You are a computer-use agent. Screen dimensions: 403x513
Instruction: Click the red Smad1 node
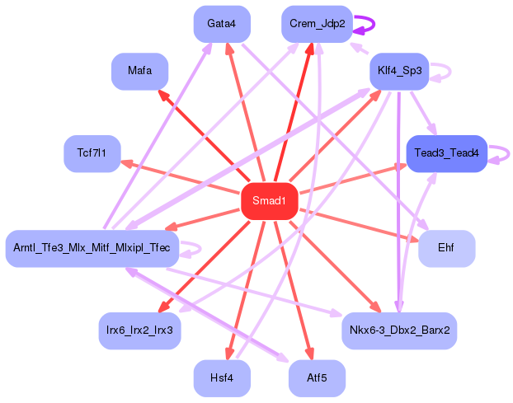pos(269,201)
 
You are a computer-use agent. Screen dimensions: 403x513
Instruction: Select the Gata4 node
pos(222,24)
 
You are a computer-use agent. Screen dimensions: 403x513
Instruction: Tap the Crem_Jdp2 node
pos(317,24)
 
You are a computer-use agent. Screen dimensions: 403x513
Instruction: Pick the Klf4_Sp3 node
pos(399,71)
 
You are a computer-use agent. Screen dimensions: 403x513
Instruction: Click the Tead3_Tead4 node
pos(446,153)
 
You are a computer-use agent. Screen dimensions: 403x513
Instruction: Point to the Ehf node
pos(446,248)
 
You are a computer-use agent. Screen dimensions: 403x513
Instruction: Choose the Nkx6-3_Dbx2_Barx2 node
pos(399,330)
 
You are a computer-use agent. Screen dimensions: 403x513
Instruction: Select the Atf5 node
pos(317,378)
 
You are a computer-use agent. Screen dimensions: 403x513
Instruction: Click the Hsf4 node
pos(222,378)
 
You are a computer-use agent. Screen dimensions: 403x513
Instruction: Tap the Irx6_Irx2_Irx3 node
pos(139,330)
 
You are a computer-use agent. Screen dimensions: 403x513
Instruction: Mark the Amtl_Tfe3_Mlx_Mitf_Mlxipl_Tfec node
pos(92,248)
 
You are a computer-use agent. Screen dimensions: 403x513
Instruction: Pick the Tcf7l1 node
pos(92,153)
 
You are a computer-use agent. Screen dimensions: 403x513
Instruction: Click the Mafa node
pos(139,71)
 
